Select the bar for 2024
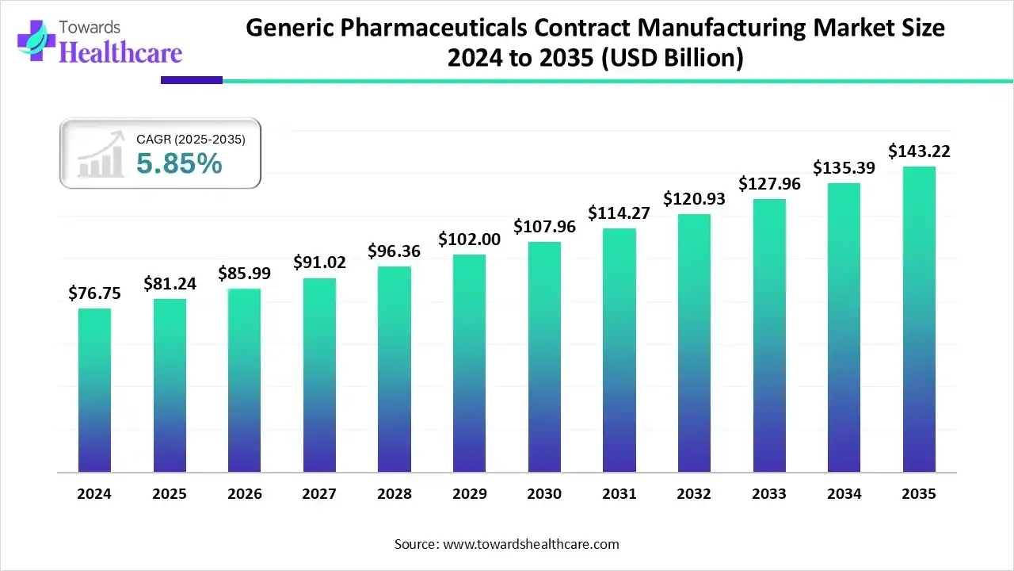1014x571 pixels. pos(94,390)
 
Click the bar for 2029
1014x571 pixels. pos(469,363)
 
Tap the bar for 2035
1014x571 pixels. pos(919,319)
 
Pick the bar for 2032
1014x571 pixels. pos(694,343)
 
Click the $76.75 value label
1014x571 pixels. pos(94,293)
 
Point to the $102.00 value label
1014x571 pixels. pos(469,240)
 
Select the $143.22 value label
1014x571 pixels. pos(919,151)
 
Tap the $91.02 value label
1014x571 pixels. pos(319,263)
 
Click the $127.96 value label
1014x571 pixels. pos(769,184)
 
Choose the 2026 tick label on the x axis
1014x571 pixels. pos(244,494)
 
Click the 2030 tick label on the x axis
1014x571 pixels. pos(544,494)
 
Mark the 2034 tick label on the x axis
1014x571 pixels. pos(844,494)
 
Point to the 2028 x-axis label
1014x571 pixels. pos(394,494)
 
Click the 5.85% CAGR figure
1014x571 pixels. pos(179,164)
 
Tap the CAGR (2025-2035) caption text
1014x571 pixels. pos(191,140)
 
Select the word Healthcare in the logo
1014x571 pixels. pos(120,52)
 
